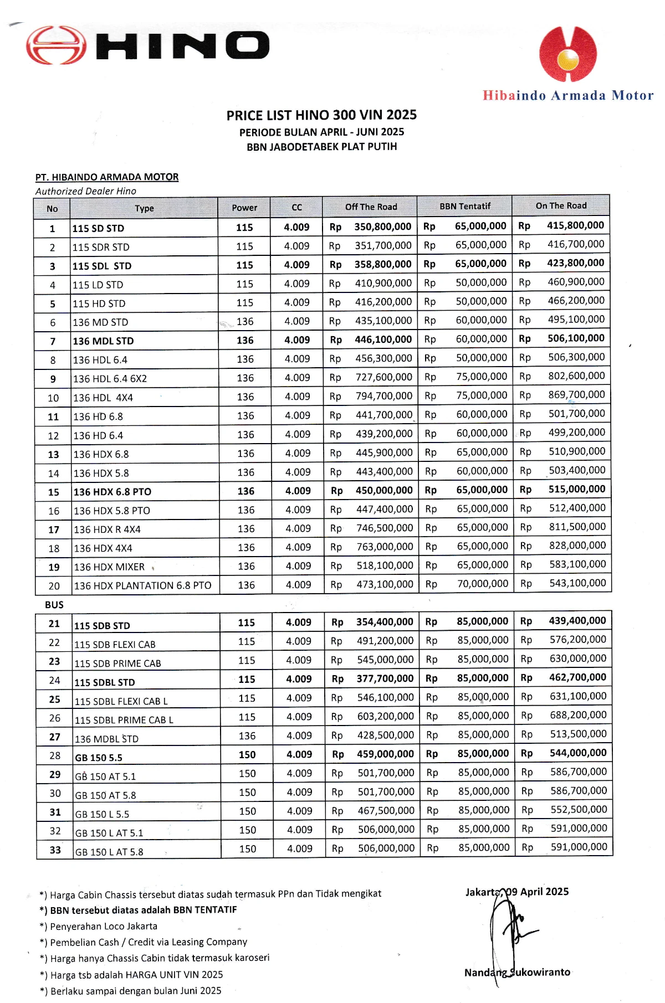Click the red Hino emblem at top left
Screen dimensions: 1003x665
coord(55,45)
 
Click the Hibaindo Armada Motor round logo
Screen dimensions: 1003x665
coord(568,54)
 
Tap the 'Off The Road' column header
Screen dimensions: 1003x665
coord(371,207)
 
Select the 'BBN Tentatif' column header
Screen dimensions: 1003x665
coord(465,207)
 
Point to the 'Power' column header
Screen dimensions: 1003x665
coord(244,208)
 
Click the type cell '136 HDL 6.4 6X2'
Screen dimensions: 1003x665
coord(110,379)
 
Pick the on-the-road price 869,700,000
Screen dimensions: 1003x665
coord(576,395)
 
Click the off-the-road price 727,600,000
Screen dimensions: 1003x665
coord(384,377)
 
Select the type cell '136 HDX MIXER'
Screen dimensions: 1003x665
coord(109,567)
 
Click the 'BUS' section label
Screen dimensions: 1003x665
coord(54,605)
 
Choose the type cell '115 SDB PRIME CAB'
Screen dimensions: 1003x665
coord(117,663)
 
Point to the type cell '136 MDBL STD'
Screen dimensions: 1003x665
coord(106,739)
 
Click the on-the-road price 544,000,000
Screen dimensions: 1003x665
coord(578,753)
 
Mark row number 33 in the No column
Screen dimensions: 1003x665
coord(55,850)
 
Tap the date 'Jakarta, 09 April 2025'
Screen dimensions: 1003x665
coord(516,892)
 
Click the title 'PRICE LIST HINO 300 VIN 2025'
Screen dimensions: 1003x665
coord(321,115)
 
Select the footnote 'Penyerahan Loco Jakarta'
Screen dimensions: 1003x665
coord(103,926)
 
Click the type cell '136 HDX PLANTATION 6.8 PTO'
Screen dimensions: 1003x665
coord(142,586)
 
